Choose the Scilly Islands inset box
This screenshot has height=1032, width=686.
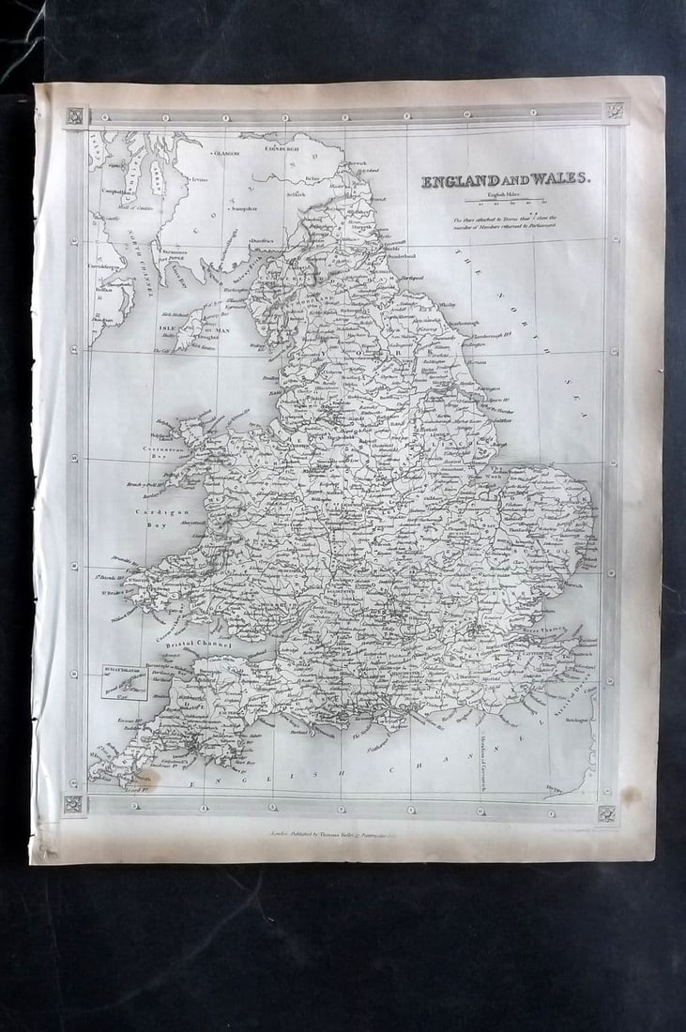125,682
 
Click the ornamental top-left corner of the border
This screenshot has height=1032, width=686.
75,116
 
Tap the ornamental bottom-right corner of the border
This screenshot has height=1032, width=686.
607,813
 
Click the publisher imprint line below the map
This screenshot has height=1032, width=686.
339,831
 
